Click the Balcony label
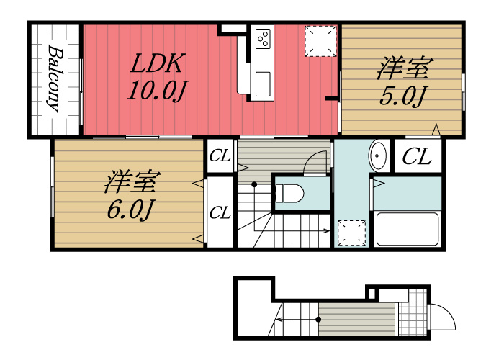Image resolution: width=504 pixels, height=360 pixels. [55, 78]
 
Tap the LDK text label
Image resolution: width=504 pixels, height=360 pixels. [158, 63]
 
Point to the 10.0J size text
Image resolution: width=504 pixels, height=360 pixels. [158, 90]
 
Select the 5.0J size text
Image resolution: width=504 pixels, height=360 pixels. [402, 96]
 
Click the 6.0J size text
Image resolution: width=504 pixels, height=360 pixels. [130, 210]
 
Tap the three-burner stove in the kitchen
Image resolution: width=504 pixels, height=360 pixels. [263, 38]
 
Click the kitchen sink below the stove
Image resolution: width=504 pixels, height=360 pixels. [262, 84]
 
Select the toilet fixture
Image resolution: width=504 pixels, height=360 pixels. [289, 193]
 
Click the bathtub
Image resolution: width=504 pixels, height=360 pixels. [408, 229]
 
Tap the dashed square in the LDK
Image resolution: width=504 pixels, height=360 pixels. [320, 41]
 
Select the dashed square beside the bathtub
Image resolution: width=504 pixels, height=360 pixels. [351, 233]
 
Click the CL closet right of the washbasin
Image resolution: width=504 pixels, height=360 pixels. [418, 156]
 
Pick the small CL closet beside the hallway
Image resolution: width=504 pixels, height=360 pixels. [220, 156]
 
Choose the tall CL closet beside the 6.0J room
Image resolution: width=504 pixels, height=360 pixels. [220, 212]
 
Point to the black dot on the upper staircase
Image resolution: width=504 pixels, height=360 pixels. [254, 184]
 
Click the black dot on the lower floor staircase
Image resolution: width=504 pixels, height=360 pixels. [318, 320]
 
